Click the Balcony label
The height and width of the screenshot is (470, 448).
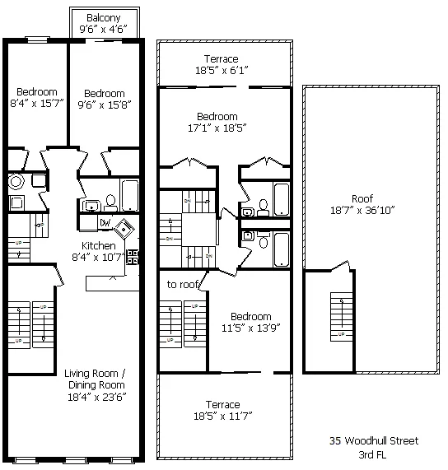(x=99, y=17)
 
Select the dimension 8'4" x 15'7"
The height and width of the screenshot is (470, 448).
(x=34, y=104)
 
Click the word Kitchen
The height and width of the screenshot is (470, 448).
(x=98, y=245)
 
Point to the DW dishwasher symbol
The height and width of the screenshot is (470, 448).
(x=105, y=222)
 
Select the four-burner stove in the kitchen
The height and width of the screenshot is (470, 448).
(x=133, y=256)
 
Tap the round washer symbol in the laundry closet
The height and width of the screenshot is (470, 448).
(x=16, y=182)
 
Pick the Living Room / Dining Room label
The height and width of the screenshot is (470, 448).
(x=95, y=379)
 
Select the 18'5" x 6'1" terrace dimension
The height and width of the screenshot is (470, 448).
(x=222, y=72)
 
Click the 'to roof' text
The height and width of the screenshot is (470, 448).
(x=182, y=284)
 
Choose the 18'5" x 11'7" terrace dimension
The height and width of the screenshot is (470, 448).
(x=223, y=417)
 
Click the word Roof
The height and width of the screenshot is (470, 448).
(x=362, y=198)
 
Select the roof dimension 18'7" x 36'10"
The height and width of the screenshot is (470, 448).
(x=362, y=211)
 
